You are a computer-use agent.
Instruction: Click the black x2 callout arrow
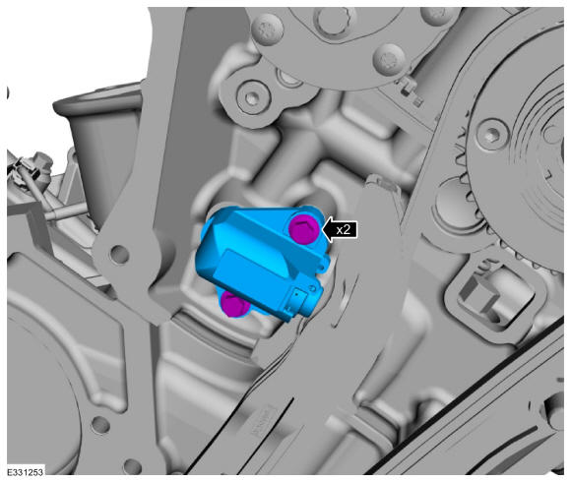(x=340, y=230)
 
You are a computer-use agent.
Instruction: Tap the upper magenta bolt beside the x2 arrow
(x=303, y=229)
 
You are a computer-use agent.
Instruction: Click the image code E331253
(x=26, y=472)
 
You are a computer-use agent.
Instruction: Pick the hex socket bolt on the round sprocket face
(x=492, y=133)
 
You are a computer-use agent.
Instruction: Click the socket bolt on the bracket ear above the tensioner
(x=252, y=97)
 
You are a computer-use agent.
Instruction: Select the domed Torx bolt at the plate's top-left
(x=268, y=30)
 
